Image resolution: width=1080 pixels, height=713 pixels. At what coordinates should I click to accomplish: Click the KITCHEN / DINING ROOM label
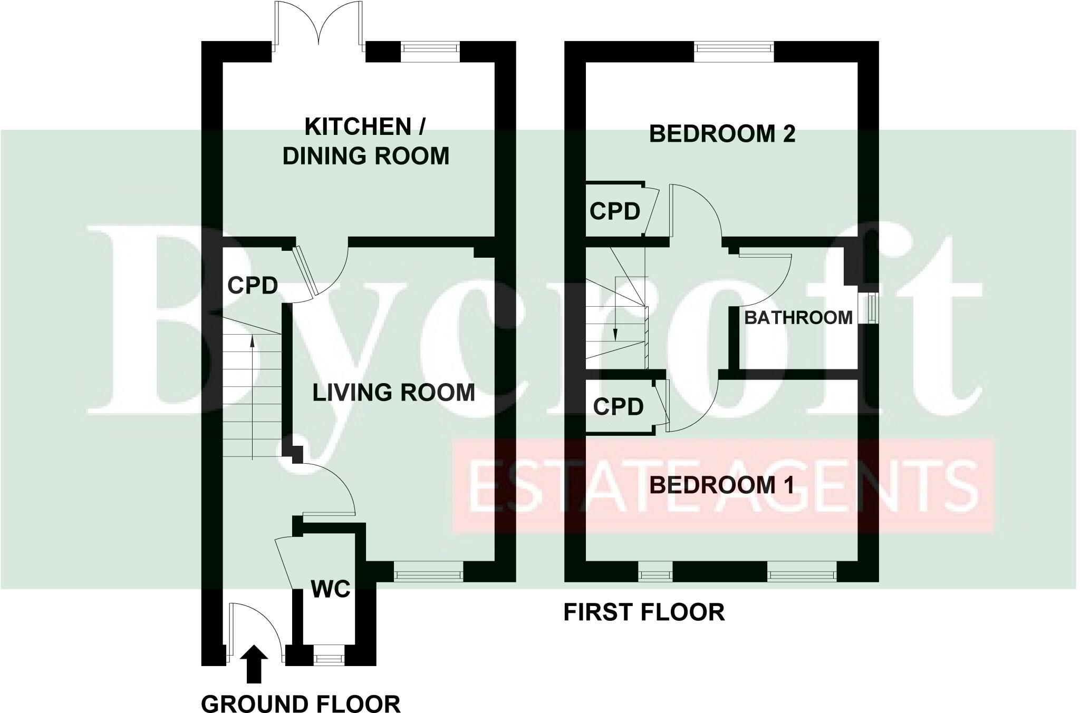coord(365,142)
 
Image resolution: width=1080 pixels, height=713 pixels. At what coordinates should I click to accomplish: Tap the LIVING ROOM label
coord(393,393)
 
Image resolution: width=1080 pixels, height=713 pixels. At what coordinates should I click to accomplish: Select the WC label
coord(331,589)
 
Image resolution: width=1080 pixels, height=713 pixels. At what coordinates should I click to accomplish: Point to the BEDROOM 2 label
coord(722,134)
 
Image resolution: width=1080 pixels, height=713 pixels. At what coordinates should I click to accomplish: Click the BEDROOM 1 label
coord(721,485)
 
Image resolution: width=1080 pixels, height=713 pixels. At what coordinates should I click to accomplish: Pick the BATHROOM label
coord(798,318)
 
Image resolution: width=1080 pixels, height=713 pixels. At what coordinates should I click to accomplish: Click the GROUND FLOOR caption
coord(301,704)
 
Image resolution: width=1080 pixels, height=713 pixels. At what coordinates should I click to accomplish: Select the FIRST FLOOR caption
coord(644,612)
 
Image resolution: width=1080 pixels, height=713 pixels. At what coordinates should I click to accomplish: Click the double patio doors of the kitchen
coord(318,26)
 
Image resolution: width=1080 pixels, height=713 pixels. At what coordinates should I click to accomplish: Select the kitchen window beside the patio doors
coord(430,47)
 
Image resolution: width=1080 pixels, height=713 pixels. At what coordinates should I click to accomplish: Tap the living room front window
coord(428,572)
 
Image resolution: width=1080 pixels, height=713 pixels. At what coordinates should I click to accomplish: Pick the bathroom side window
coord(868,308)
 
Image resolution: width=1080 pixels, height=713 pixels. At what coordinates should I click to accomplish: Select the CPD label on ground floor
coord(253,286)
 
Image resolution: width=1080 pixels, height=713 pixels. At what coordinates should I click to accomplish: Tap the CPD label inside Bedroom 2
coord(614,211)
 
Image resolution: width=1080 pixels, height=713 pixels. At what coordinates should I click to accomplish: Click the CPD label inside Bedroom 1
coord(618,406)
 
